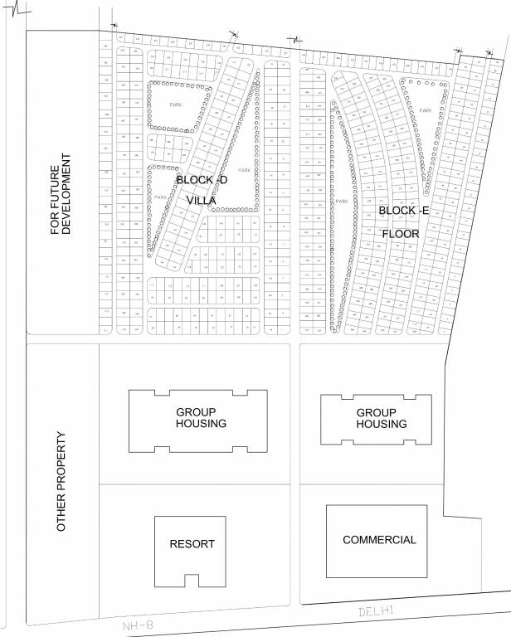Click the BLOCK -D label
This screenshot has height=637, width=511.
(x=201, y=180)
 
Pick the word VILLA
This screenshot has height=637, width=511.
(x=202, y=201)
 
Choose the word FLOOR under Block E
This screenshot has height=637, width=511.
(x=401, y=234)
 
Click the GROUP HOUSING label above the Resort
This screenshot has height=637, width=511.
(x=202, y=418)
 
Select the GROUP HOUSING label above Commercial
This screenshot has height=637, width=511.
(x=382, y=418)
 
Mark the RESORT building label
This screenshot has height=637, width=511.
(x=192, y=545)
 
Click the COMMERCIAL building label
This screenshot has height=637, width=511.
(x=379, y=540)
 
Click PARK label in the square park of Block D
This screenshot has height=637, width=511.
(x=175, y=105)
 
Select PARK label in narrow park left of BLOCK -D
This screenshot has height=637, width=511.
(x=159, y=197)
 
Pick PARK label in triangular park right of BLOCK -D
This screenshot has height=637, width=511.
(x=243, y=170)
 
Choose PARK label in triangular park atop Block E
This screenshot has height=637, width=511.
(x=425, y=110)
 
